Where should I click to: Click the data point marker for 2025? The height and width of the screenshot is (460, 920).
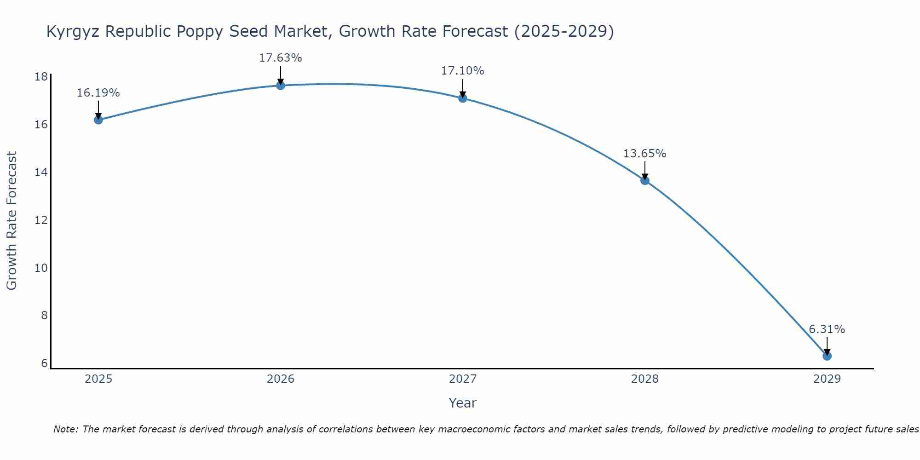[x=98, y=120]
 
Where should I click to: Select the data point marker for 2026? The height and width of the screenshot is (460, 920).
[x=281, y=85]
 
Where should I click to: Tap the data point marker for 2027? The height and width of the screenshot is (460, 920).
[x=463, y=98]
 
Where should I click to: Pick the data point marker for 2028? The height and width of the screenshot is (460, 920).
[x=645, y=180]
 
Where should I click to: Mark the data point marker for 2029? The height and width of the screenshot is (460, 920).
[x=827, y=356]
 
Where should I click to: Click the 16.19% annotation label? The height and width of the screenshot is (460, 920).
[x=98, y=93]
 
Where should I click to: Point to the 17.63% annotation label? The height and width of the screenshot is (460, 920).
[x=281, y=58]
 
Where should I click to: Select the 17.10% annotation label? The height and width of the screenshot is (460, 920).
[x=463, y=71]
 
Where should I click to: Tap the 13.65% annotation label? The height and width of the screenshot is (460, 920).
[x=645, y=154]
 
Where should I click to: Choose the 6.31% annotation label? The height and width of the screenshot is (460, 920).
[x=827, y=329]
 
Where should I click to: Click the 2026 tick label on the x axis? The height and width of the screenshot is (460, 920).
[x=281, y=379]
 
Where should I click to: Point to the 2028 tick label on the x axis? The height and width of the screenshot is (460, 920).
[x=645, y=379]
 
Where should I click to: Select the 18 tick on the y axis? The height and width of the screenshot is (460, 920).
[x=41, y=77]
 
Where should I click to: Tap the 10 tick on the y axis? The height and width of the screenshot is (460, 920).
[x=41, y=268]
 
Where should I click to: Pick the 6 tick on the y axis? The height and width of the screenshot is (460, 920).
[x=44, y=363]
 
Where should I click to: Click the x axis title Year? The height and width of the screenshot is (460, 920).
[x=463, y=403]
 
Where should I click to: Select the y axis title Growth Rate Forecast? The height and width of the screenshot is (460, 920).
[x=11, y=221]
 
